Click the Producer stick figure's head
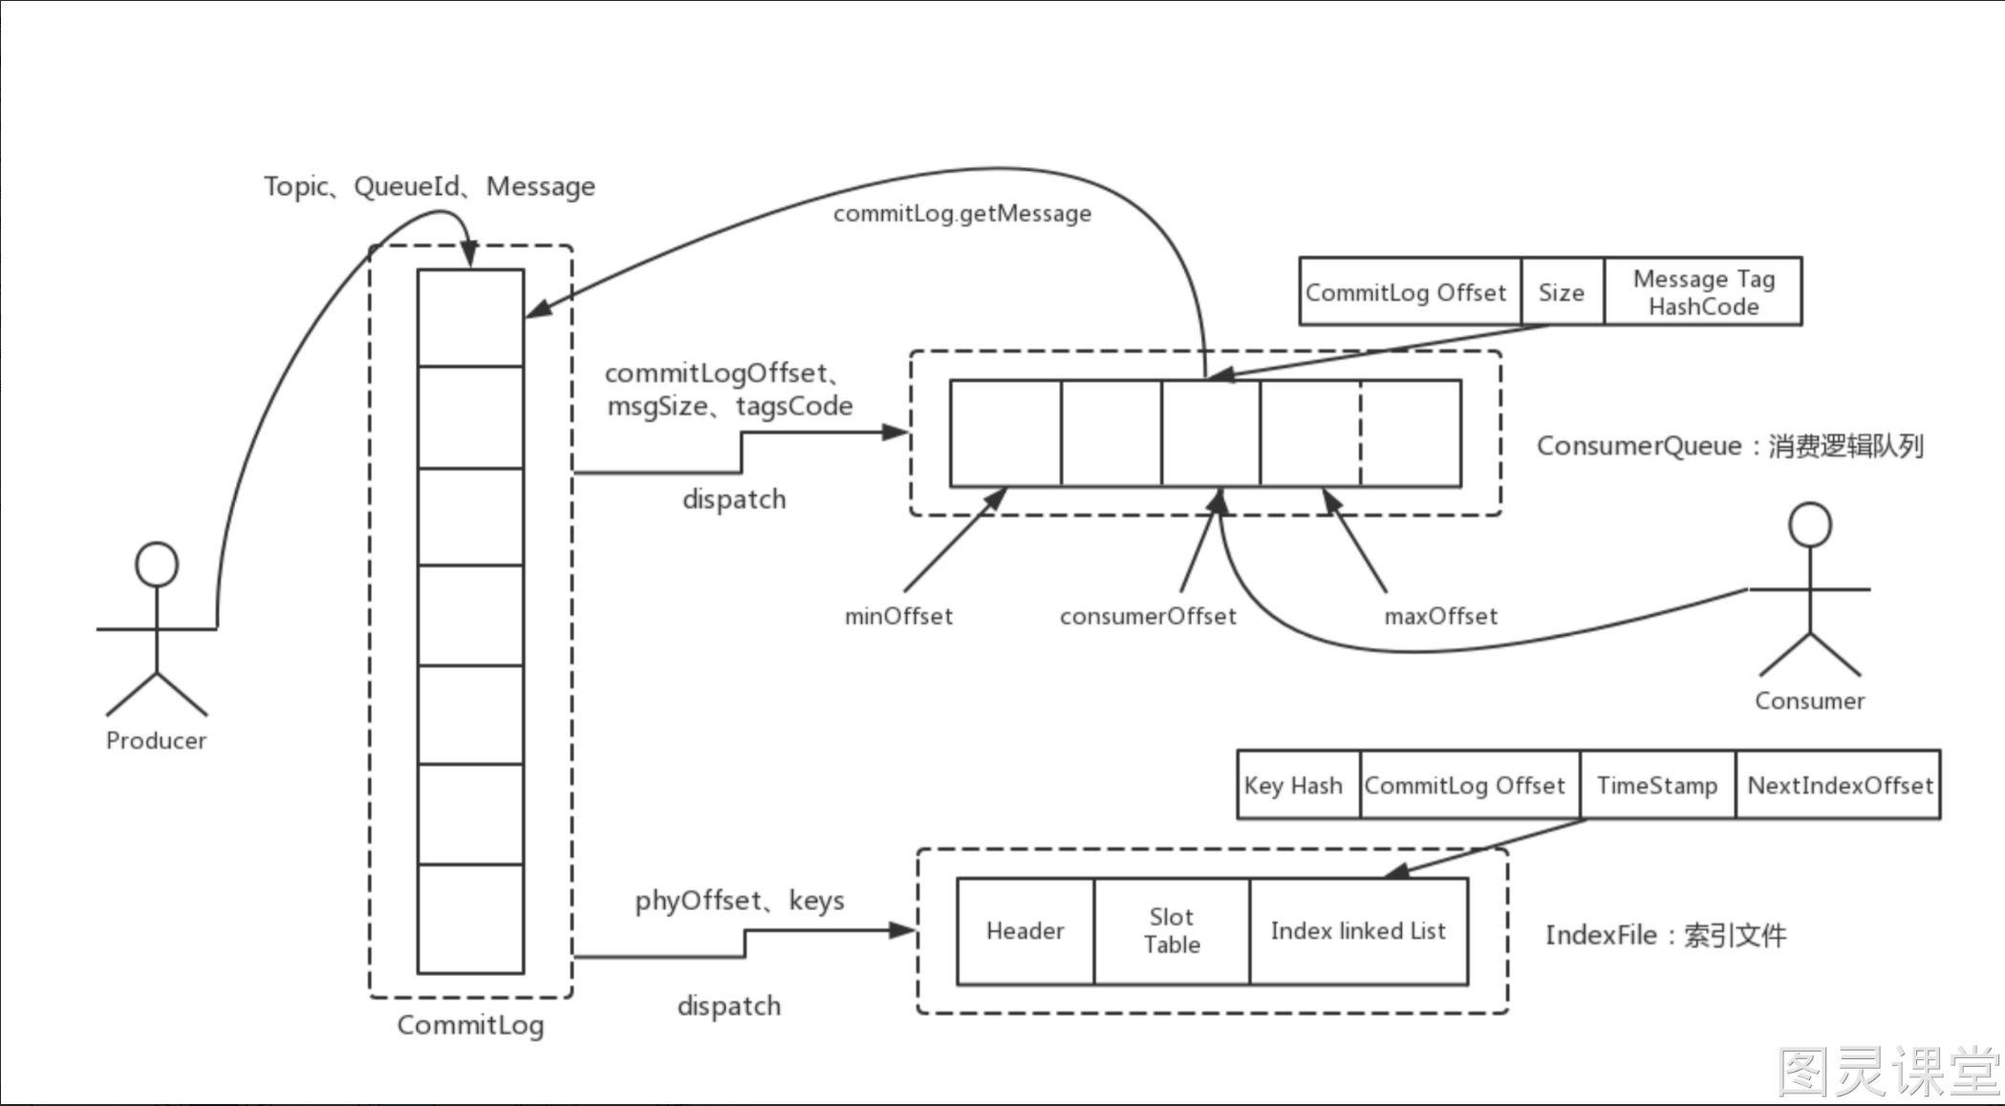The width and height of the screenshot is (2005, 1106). coord(157,564)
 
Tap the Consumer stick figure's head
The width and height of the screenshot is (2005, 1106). coord(1810,524)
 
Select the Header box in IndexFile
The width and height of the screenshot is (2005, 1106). coord(1025,931)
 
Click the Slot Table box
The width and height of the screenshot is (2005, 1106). coord(1172,931)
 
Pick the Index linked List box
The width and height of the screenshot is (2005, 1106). coord(1358,931)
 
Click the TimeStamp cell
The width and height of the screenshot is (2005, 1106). coord(1657,785)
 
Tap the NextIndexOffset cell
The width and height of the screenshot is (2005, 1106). coord(1839,785)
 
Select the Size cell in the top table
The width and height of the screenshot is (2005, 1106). coord(1562,291)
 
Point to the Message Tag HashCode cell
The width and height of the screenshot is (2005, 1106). coord(1703,291)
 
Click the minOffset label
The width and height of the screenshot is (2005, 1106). coord(898,617)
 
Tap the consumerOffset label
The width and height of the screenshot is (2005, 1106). coord(1148,617)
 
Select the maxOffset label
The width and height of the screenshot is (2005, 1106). coord(1441,617)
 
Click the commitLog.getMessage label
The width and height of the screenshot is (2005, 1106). coord(962,214)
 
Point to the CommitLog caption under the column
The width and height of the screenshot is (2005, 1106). coord(470,1026)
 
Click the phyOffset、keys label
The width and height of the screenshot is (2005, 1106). coord(740,901)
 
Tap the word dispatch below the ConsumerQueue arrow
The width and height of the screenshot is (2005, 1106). coord(734,500)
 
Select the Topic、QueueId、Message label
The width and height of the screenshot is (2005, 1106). coord(429,186)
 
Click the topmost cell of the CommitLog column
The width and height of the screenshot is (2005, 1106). coord(470,317)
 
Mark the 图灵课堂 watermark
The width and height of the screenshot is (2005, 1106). coord(1887,1072)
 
